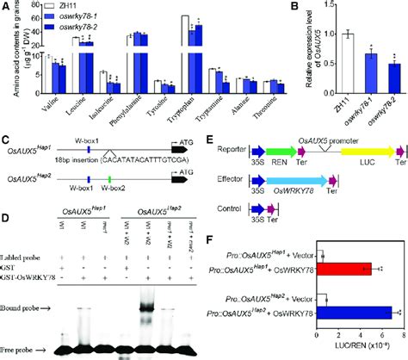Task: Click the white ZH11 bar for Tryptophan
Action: click(184, 51)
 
